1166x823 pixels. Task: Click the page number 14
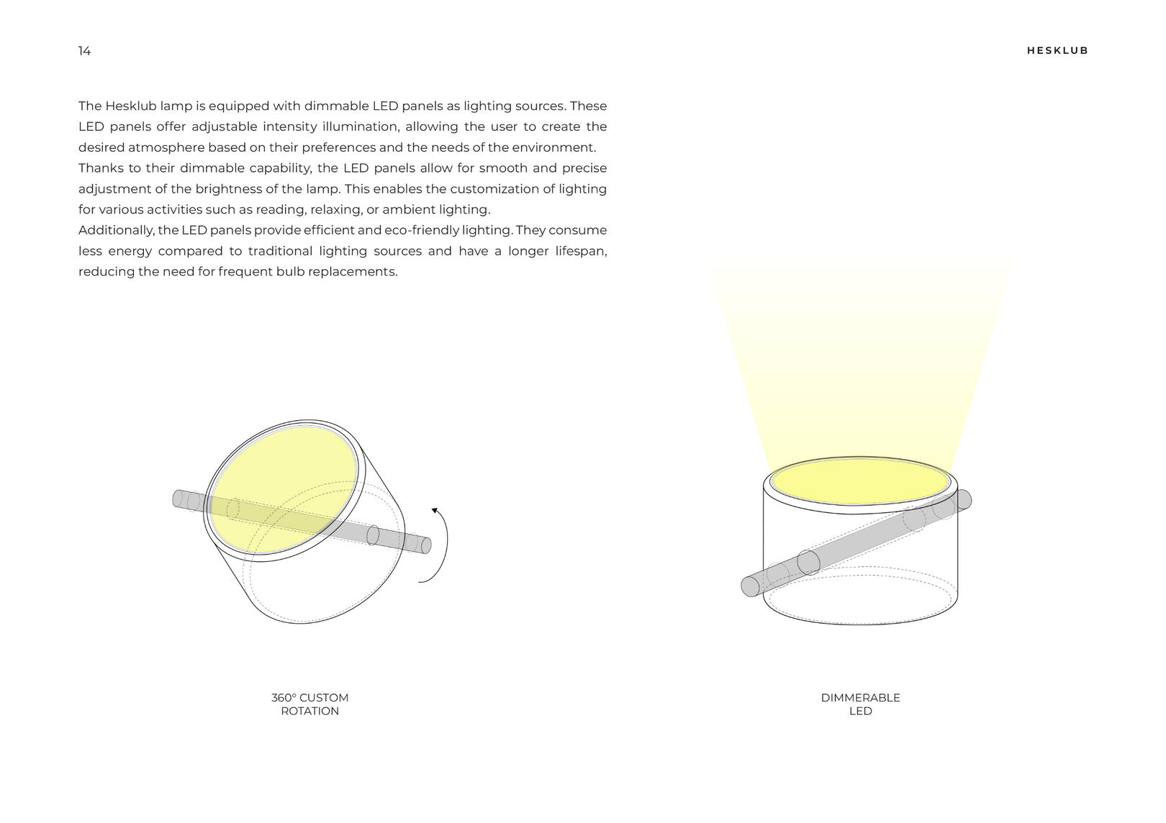coord(85,51)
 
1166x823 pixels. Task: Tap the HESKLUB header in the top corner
coord(1057,51)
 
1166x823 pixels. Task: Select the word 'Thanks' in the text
coord(100,168)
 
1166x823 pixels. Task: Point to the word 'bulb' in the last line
coord(290,272)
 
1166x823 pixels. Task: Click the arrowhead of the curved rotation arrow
coord(434,511)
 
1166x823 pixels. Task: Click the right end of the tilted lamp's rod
coord(425,545)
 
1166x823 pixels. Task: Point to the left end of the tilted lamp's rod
coord(177,498)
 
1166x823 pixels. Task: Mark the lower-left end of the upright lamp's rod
coord(749,586)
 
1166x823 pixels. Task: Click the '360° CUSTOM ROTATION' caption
coord(309,704)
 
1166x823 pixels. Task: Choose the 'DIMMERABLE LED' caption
coord(860,704)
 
